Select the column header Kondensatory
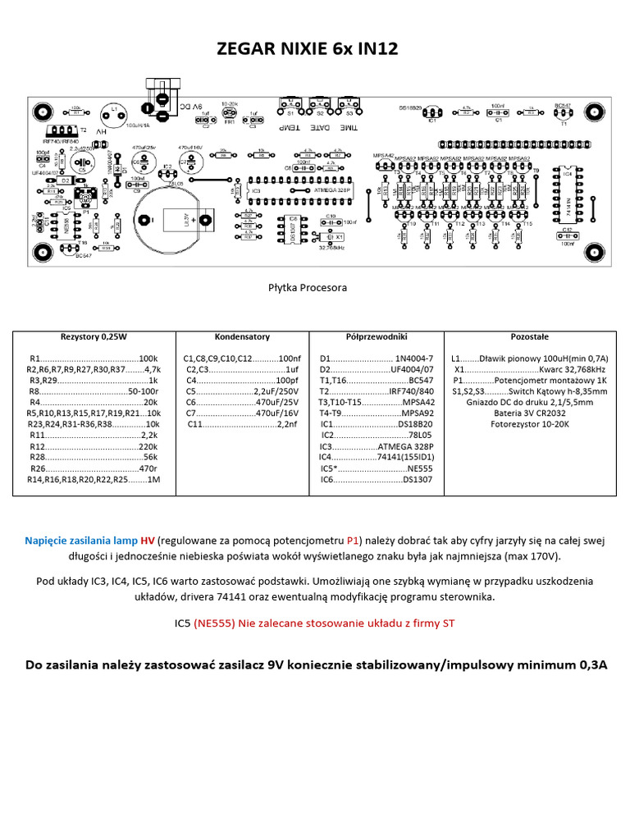point(242,337)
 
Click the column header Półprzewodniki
point(375,337)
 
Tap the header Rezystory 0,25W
point(93,337)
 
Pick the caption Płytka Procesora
point(308,288)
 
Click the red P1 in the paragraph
point(353,541)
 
